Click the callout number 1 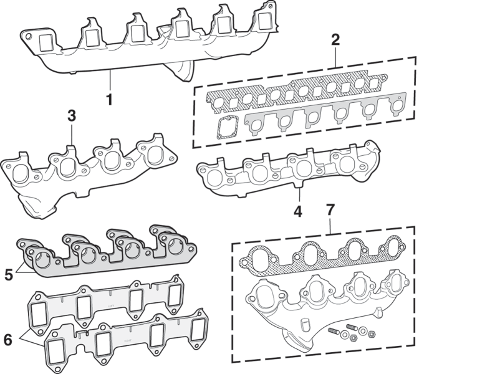(109, 99)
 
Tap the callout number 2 (335, 40)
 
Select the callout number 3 (72, 116)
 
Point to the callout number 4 (298, 212)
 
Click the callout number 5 (9, 274)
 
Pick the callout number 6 (7, 340)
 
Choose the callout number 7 (330, 210)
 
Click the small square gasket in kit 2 (227, 127)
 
